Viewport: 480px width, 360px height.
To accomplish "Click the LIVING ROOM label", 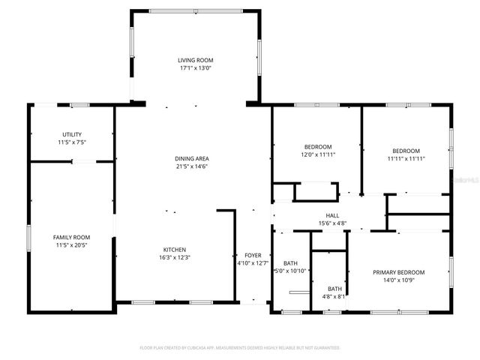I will pos(195,60).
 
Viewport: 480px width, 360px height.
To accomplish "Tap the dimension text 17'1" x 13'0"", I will pos(195,68).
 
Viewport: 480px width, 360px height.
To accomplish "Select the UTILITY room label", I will pos(72,134).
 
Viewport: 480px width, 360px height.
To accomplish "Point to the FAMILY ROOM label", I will pos(71,237).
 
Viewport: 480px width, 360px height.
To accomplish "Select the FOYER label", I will pos(252,255).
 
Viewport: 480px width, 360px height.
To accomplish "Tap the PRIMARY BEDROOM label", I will pos(399,272).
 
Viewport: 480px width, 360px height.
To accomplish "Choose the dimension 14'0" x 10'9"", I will pos(399,280).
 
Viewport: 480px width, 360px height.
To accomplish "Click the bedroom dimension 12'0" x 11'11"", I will pos(318,154).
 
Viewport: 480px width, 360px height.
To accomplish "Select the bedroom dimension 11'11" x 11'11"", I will pos(406,158).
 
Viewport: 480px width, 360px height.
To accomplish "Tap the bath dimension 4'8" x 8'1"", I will pos(334,296).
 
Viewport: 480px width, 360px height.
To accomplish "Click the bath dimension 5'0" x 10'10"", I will pos(290,270).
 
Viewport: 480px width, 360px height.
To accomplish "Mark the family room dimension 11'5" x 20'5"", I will pos(71,245).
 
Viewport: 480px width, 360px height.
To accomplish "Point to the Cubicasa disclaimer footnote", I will pos(240,348).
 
